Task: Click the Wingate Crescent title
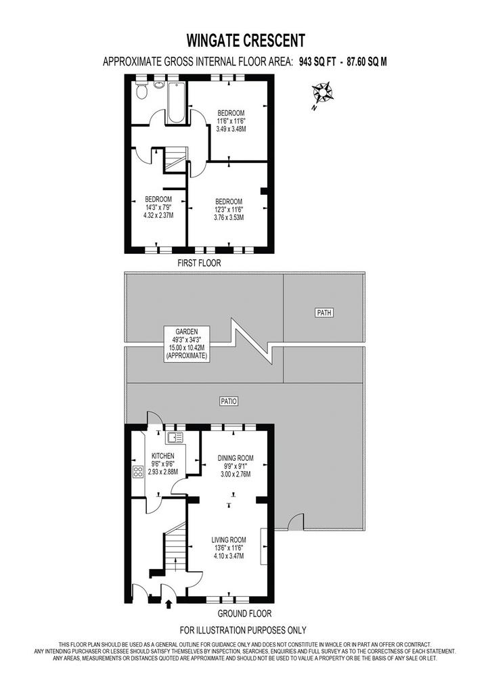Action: coord(246,41)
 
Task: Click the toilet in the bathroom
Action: coord(142,91)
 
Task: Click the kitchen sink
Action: coord(174,438)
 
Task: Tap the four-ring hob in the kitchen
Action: coord(138,472)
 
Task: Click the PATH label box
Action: coord(324,313)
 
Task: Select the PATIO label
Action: coord(229,401)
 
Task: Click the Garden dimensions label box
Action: coord(186,344)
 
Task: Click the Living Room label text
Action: coord(229,539)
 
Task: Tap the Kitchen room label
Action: coord(162,455)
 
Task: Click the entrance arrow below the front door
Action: coord(169,604)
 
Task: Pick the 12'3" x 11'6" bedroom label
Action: coord(229,210)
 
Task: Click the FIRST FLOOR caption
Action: coord(199,263)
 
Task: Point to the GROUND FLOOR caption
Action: coord(245,613)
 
